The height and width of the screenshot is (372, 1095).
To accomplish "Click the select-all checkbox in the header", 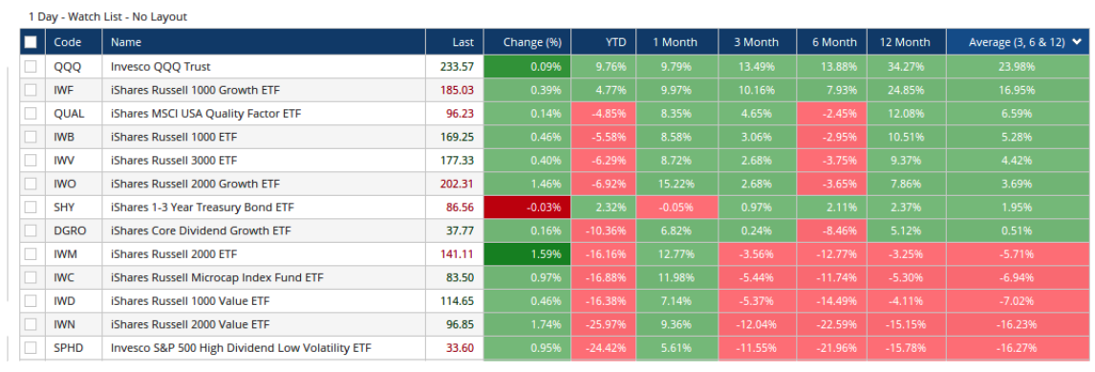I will [32, 42].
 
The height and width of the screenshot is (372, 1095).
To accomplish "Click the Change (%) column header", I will [526, 42].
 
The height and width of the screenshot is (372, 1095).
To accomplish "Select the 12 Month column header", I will [904, 42].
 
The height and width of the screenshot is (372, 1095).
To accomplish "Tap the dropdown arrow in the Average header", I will [1078, 42].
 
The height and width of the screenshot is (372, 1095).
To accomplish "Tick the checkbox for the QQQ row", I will [32, 67].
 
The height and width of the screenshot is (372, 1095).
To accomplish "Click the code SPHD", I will [70, 347].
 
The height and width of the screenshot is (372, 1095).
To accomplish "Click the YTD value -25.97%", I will [602, 324].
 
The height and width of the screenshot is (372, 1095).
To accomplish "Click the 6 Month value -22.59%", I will [832, 324].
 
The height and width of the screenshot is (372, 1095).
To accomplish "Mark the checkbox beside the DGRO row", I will [32, 230].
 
